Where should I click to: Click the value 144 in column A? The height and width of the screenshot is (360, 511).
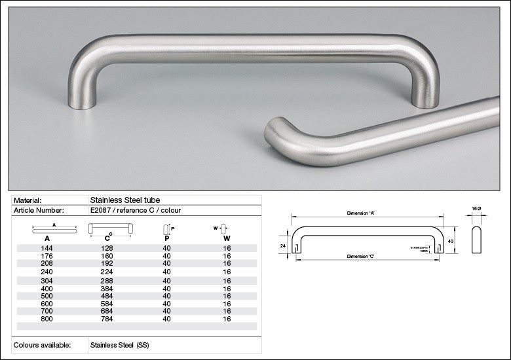[47, 249]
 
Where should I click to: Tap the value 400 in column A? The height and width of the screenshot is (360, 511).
[47, 288]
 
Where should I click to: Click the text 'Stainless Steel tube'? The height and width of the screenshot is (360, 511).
[124, 200]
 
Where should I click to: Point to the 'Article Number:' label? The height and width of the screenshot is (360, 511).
[39, 210]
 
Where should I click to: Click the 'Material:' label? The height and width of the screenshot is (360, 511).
[28, 200]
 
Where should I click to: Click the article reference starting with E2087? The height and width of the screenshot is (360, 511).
[135, 210]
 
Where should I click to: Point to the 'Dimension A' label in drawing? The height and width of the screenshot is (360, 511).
[361, 213]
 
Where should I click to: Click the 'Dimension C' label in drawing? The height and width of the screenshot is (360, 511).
[362, 256]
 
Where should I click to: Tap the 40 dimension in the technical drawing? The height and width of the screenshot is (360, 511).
[451, 241]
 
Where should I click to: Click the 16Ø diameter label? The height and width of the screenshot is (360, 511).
[476, 208]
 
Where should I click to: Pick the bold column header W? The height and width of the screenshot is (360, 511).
[226, 239]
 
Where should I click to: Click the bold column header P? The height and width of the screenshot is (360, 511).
[166, 239]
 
